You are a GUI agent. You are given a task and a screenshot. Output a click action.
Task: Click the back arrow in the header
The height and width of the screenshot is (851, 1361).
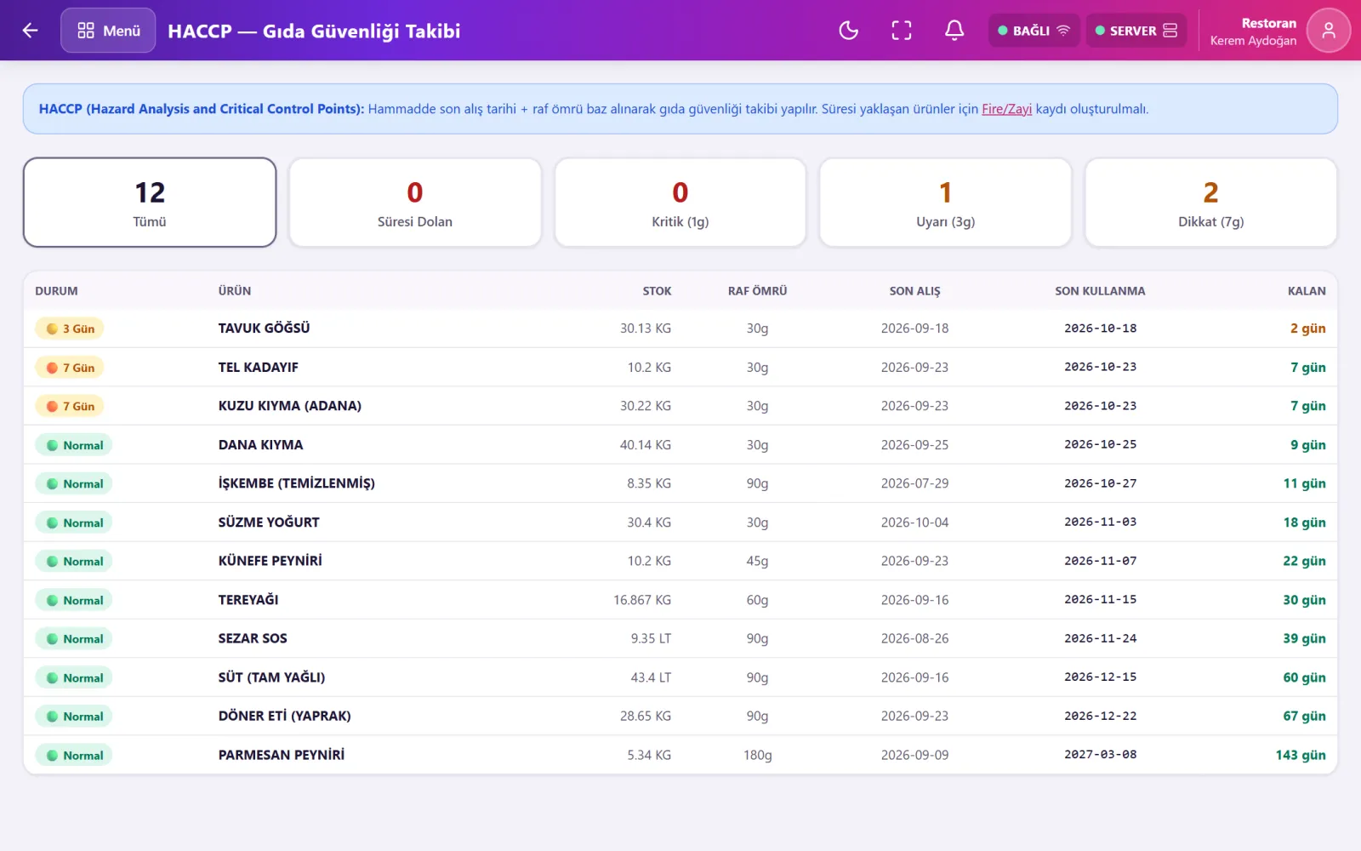[30, 31]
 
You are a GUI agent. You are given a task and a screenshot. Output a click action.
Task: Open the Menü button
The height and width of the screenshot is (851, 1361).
[108, 31]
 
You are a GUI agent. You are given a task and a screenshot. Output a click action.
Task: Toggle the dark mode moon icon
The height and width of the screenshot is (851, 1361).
[848, 31]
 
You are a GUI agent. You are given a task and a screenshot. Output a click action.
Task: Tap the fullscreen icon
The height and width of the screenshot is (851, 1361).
[901, 31]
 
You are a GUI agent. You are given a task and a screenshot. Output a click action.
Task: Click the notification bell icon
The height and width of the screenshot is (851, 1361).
[954, 31]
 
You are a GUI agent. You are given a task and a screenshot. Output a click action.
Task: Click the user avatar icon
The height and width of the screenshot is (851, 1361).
[1328, 31]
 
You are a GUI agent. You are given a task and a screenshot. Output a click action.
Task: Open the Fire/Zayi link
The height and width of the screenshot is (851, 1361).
[1006, 109]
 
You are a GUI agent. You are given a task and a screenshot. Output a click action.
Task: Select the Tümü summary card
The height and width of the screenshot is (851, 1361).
[150, 203]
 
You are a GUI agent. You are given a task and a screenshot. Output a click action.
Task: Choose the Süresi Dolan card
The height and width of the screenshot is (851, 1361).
[415, 203]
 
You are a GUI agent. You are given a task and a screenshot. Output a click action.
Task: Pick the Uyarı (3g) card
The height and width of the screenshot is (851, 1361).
[945, 203]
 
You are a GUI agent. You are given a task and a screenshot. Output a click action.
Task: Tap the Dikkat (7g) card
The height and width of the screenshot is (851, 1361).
[1211, 203]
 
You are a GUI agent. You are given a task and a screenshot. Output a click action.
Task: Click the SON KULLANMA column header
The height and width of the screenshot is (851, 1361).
[1100, 290]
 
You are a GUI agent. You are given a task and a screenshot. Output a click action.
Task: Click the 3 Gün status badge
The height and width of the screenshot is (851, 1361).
[69, 328]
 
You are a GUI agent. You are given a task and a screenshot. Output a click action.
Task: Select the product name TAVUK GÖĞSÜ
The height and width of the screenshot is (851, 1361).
[265, 328]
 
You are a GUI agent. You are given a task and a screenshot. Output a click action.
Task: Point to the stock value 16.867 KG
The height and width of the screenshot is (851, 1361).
[642, 600]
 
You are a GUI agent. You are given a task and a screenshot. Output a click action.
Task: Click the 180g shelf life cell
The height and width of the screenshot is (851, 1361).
[757, 755]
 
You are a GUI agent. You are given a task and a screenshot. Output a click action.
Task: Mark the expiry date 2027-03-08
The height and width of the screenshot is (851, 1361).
[1100, 754]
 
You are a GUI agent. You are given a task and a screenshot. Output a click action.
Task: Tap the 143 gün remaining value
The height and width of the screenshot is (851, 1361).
[1301, 755]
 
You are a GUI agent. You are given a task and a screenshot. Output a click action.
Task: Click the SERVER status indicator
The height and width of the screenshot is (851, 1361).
[1136, 31]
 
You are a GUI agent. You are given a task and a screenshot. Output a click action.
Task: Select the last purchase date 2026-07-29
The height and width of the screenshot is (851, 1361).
[914, 483]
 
